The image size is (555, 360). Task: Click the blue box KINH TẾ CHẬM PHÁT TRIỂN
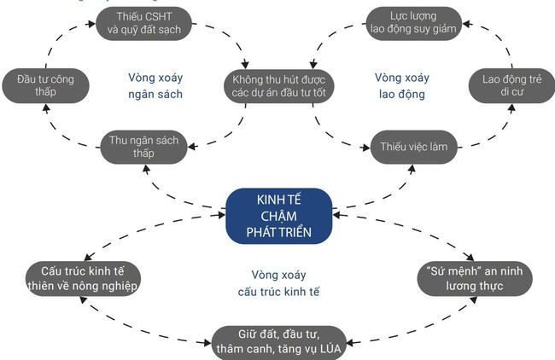click(x=277, y=214)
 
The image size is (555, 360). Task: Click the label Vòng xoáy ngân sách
click(x=156, y=85)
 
